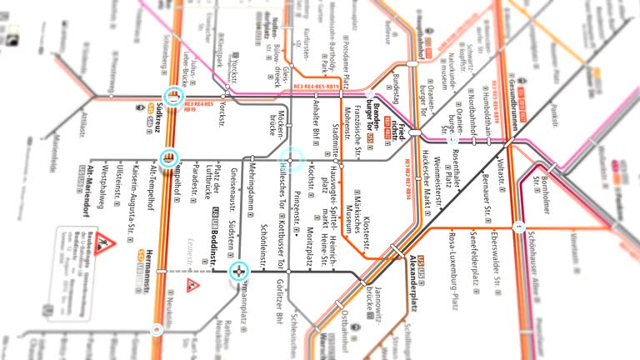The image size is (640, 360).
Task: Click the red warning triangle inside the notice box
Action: point(104,242)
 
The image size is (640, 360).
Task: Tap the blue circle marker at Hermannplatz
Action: point(240,271)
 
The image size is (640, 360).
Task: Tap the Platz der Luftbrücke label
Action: point(215,188)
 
